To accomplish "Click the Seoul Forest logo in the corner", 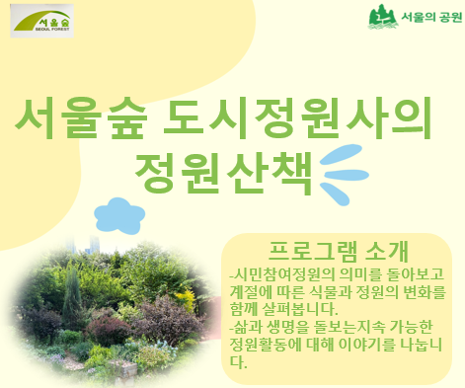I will tap(42, 21).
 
